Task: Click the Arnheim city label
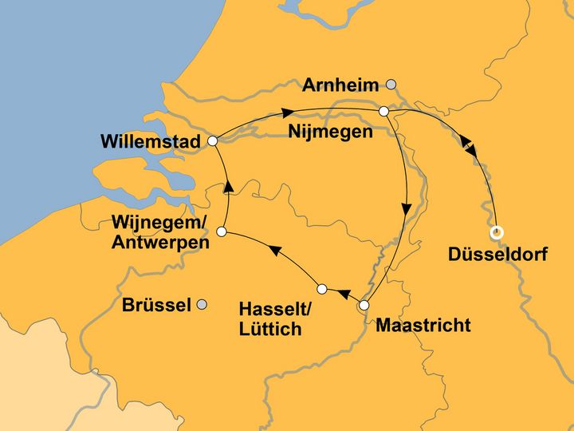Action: (340, 85)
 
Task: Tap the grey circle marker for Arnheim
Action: (391, 84)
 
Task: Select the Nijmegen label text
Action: (330, 132)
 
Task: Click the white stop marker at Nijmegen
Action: (383, 112)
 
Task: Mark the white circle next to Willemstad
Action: (212, 141)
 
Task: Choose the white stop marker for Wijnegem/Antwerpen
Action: (222, 231)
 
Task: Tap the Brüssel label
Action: (157, 305)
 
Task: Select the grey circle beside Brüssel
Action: (202, 304)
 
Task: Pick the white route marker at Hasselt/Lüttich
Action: (322, 288)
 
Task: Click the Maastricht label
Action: (423, 326)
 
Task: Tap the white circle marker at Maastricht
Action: (364, 305)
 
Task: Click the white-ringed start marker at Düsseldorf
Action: (497, 233)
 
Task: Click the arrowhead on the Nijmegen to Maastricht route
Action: (407, 210)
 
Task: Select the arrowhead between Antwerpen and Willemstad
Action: (228, 187)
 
